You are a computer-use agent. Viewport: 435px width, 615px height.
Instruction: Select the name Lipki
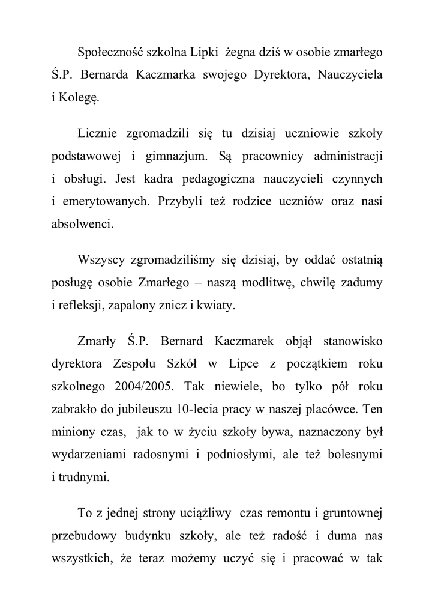click(x=205, y=53)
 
